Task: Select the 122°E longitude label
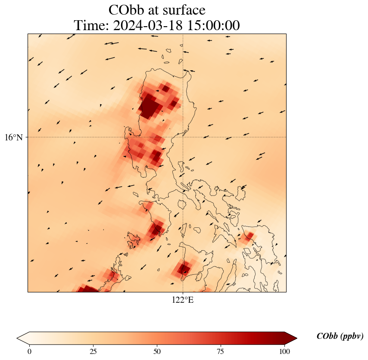(x=183, y=300)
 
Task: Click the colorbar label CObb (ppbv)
(x=340, y=336)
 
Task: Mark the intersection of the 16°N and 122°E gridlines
(x=183, y=137)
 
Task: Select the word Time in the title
(x=90, y=25)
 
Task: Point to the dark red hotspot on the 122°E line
(x=183, y=269)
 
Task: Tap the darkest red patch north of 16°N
(x=149, y=107)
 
